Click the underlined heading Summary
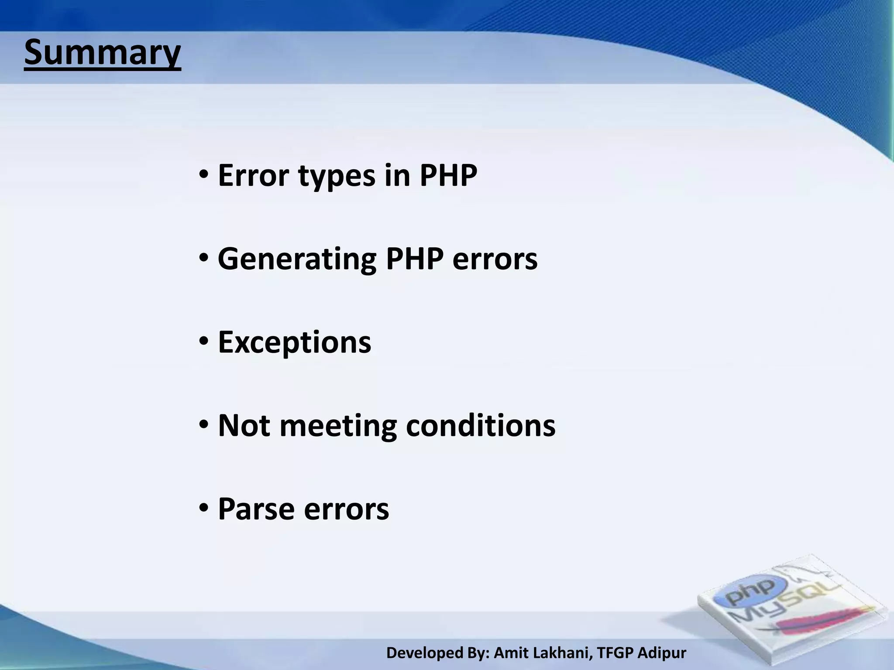coord(102,53)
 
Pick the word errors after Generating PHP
coord(495,260)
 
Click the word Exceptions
coord(295,342)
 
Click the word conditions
coord(481,425)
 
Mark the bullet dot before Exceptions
coord(204,343)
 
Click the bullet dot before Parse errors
coord(204,509)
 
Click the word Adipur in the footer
coord(662,653)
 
